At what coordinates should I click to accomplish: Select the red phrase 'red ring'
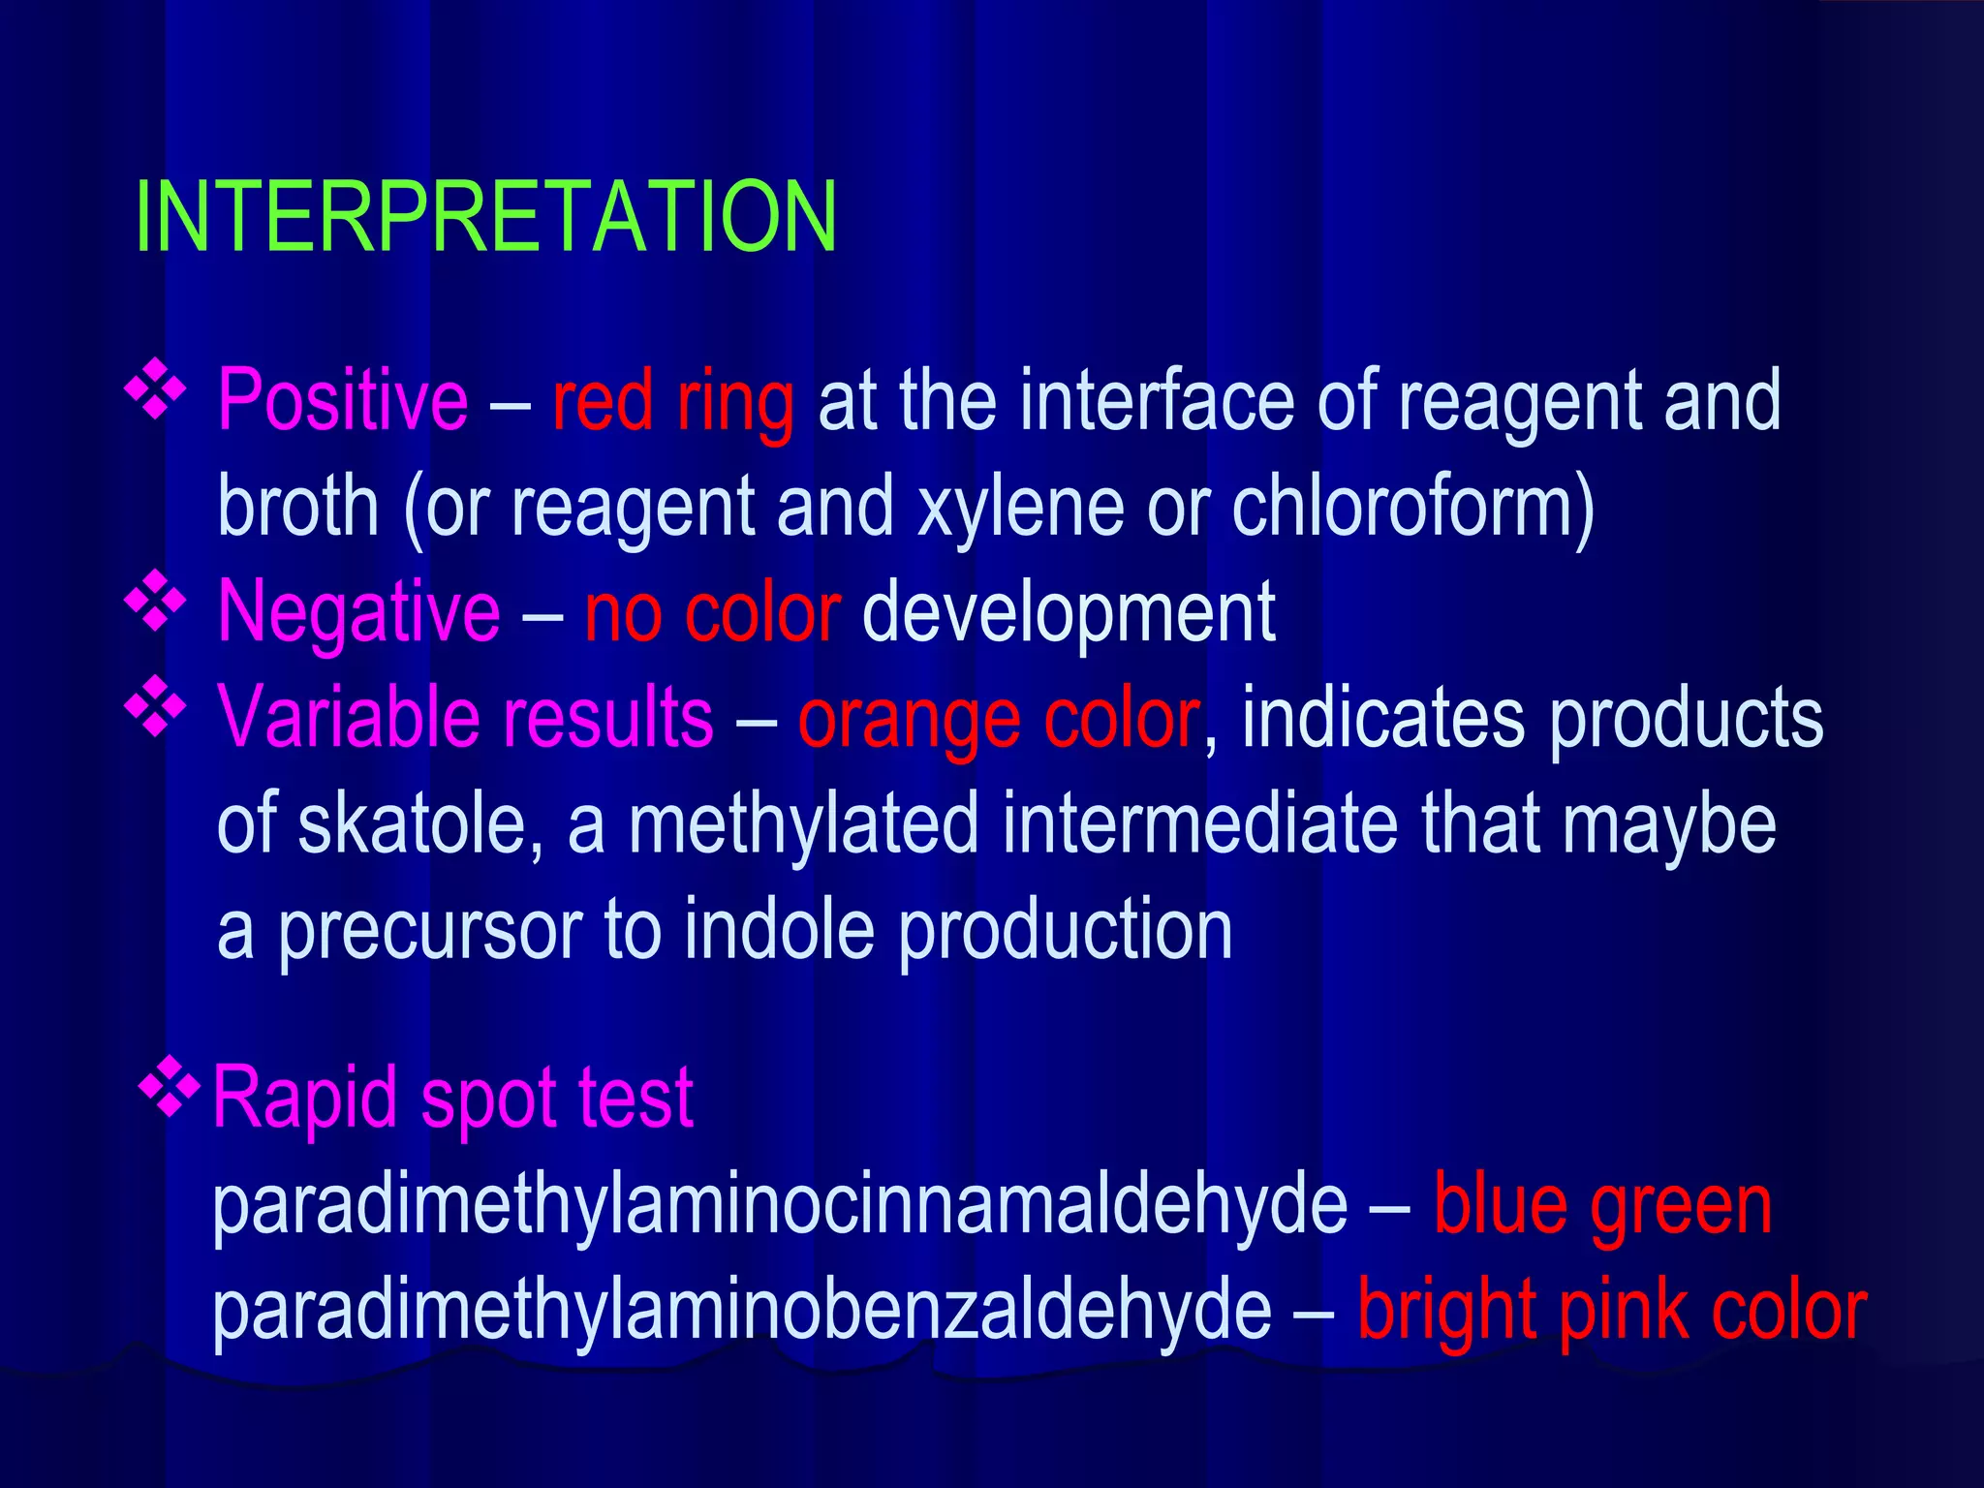pyautogui.click(x=673, y=401)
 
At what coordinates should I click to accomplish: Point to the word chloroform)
pyautogui.click(x=1413, y=508)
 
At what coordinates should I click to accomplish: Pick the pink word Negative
pyautogui.click(x=358, y=611)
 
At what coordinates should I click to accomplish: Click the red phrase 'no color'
pyautogui.click(x=712, y=612)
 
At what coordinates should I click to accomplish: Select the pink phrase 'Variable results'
pyautogui.click(x=465, y=717)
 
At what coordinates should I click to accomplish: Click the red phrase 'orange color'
pyautogui.click(x=999, y=719)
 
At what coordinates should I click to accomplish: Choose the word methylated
pyautogui.click(x=803, y=823)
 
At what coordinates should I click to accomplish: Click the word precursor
pyautogui.click(x=430, y=930)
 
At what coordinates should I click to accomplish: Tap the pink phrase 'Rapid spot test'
pyautogui.click(x=452, y=1098)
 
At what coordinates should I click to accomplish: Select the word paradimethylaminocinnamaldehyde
pyautogui.click(x=780, y=1205)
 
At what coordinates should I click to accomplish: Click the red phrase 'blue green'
pyautogui.click(x=1602, y=1206)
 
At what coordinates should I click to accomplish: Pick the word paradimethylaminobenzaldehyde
pyautogui.click(x=741, y=1310)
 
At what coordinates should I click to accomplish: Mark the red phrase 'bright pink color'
pyautogui.click(x=1611, y=1311)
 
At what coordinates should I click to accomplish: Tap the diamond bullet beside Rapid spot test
pyautogui.click(x=170, y=1088)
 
